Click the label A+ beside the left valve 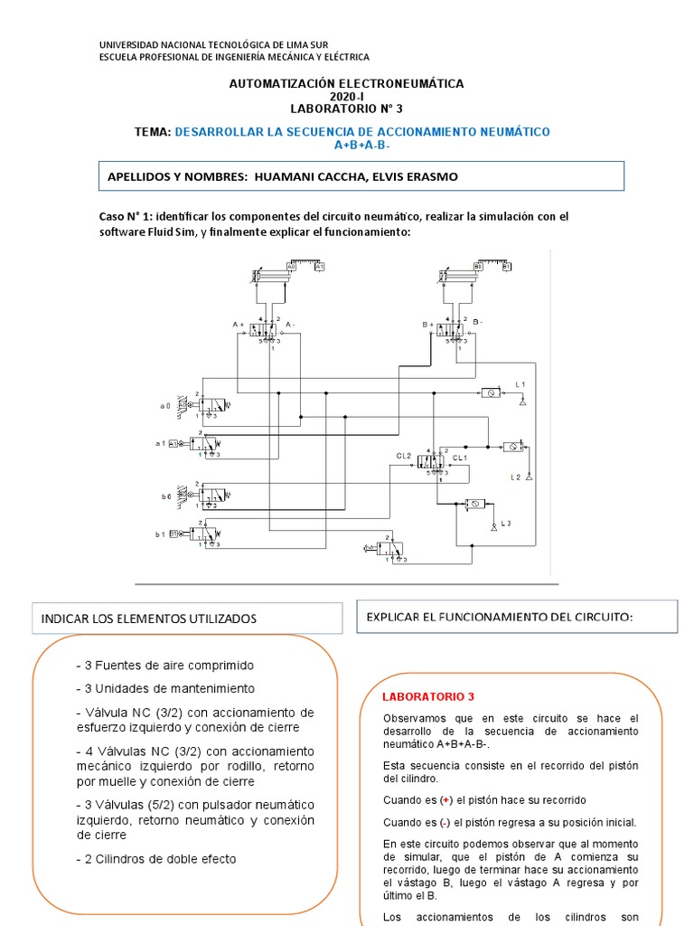tap(239, 324)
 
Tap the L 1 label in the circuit tap(520, 385)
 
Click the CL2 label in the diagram tap(403, 457)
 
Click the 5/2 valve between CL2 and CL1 tap(434, 460)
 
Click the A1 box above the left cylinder tap(319, 267)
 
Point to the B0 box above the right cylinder tap(477, 267)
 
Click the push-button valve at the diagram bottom tap(385, 548)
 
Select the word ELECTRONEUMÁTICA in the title tap(405, 83)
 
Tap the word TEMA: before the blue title tap(152, 132)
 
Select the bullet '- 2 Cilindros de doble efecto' tap(156, 858)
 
